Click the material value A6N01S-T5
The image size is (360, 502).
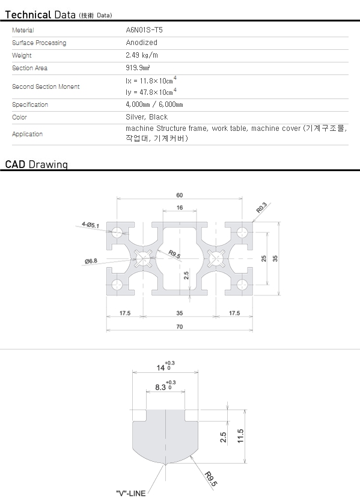point(144,30)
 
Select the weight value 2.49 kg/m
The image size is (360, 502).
point(142,55)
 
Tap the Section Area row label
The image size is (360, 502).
point(30,68)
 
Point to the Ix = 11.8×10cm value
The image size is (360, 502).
point(151,80)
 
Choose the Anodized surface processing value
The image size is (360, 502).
point(141,42)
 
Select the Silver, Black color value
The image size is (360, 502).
point(147,117)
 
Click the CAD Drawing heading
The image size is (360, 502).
point(37,165)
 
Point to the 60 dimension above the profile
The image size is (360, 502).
point(180,195)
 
